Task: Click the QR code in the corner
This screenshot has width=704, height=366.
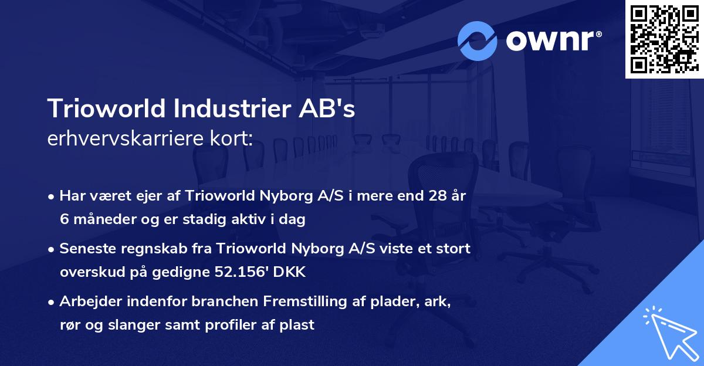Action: (664, 39)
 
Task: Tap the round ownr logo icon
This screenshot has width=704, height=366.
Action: (477, 40)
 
